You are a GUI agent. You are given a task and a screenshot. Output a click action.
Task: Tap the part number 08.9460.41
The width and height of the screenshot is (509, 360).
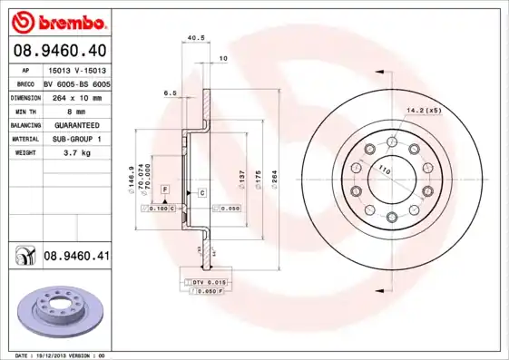point(76,257)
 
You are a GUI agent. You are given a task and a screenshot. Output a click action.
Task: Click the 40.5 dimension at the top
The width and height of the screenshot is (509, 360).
point(193,38)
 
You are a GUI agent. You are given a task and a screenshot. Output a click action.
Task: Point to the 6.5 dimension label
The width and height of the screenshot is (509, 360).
point(170,92)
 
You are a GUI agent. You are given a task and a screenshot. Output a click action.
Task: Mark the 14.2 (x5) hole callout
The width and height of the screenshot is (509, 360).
point(424,110)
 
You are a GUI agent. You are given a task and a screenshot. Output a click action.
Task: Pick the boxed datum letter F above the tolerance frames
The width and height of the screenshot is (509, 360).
point(165,188)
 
